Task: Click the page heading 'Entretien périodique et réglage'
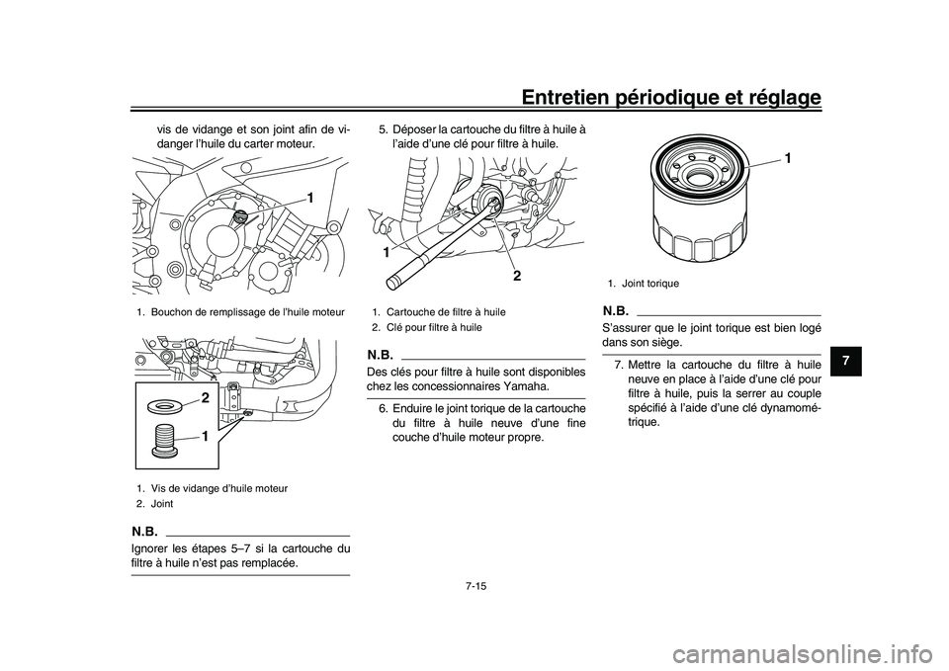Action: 671,97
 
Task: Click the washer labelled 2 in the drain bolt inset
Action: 164,406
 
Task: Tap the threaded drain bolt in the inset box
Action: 166,439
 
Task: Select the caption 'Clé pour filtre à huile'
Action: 434,327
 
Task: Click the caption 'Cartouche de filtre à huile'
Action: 446,312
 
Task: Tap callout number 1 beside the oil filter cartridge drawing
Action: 788,158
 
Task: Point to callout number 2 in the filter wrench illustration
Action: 517,276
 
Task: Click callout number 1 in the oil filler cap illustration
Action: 309,198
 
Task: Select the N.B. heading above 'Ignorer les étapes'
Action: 144,532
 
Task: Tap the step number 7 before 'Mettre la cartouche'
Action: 619,365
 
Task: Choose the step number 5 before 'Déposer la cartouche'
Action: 384,129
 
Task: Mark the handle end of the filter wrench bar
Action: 392,281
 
